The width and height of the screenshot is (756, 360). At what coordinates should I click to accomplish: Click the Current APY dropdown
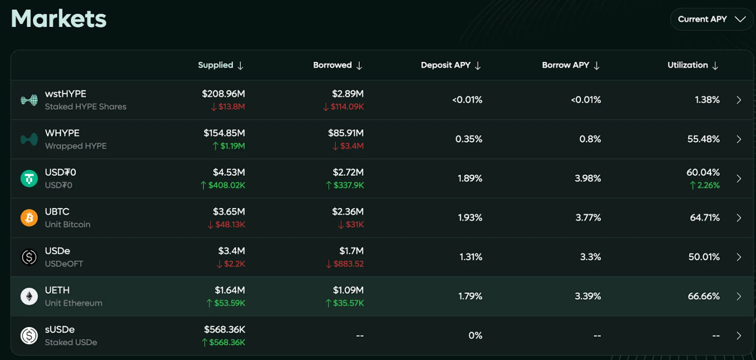[711, 19]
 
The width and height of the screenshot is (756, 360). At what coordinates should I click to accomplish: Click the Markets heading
[59, 19]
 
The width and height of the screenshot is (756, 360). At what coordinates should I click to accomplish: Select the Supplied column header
[220, 65]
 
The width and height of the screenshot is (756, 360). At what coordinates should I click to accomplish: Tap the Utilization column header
[692, 65]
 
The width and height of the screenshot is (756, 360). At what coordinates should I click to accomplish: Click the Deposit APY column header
[450, 65]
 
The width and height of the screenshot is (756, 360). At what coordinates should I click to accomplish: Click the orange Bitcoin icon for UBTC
[29, 218]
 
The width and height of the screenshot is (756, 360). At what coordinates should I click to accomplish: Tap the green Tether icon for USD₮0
[29, 178]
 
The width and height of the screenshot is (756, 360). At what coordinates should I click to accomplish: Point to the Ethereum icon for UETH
[29, 297]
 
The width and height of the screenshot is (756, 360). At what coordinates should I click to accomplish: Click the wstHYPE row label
[66, 94]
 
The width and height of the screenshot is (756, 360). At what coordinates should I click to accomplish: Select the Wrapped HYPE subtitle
[76, 146]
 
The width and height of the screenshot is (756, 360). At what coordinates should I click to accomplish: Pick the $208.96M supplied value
[223, 94]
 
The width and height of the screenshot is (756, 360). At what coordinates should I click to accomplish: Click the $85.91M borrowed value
[345, 133]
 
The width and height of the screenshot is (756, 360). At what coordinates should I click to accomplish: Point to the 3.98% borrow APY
[587, 178]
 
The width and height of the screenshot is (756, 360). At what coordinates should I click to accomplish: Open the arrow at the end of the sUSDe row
[739, 336]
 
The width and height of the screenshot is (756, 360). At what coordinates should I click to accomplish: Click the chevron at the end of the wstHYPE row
[739, 100]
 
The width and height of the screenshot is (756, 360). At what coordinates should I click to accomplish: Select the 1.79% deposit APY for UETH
[470, 297]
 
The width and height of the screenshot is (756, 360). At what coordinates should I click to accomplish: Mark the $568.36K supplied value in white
[224, 330]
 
